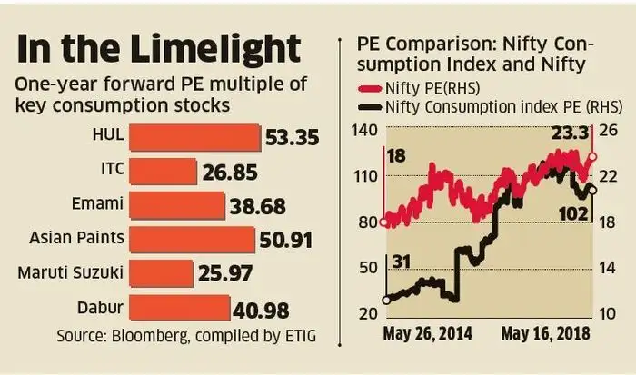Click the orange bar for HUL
(195, 137)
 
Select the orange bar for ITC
(164, 172)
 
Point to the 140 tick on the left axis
(363, 132)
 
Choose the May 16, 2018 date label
(545, 333)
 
